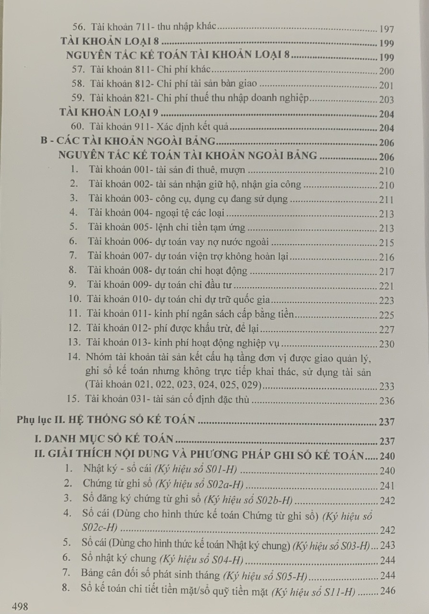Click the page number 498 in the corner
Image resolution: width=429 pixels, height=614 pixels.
[x=20, y=606]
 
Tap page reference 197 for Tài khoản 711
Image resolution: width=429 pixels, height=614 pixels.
[x=386, y=29]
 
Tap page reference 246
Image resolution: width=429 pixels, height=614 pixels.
[x=387, y=591]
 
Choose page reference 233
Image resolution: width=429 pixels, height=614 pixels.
[x=386, y=385]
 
